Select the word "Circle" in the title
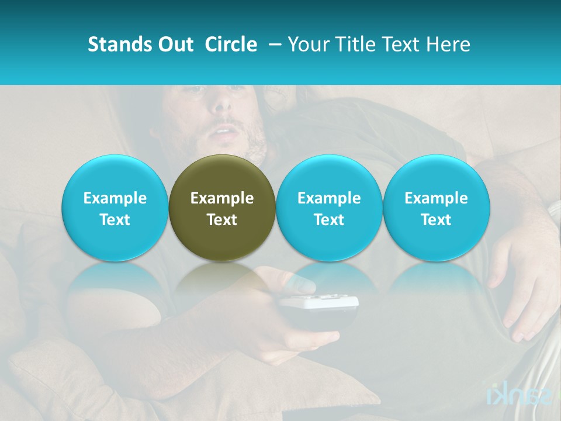coord(231,44)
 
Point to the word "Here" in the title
coord(449,44)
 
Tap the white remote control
coord(318,303)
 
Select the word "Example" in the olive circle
coord(222,198)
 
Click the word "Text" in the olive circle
coord(222,220)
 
